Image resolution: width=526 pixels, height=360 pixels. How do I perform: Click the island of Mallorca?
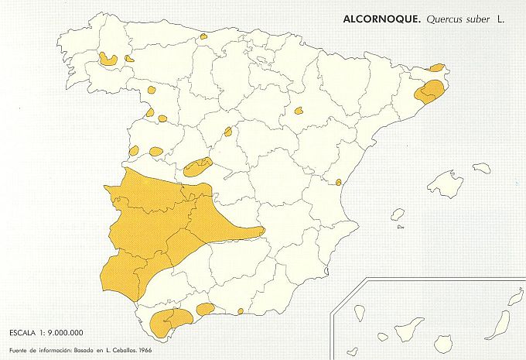click(x=446, y=184)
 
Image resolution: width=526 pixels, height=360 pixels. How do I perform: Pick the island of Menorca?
click(x=482, y=166)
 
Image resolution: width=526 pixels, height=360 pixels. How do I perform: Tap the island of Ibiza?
click(x=398, y=214)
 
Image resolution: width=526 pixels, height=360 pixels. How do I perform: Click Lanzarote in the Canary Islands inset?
click(x=516, y=298)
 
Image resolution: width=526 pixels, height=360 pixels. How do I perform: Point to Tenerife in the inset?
click(x=409, y=328)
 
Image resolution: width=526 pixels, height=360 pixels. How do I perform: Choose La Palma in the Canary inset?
click(x=360, y=314)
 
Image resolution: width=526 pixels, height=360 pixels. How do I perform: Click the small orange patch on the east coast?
click(x=339, y=182)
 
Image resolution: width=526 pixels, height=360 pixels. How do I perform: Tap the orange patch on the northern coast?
click(x=203, y=36)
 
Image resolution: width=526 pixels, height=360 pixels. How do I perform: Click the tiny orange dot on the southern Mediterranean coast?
click(x=241, y=311)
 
